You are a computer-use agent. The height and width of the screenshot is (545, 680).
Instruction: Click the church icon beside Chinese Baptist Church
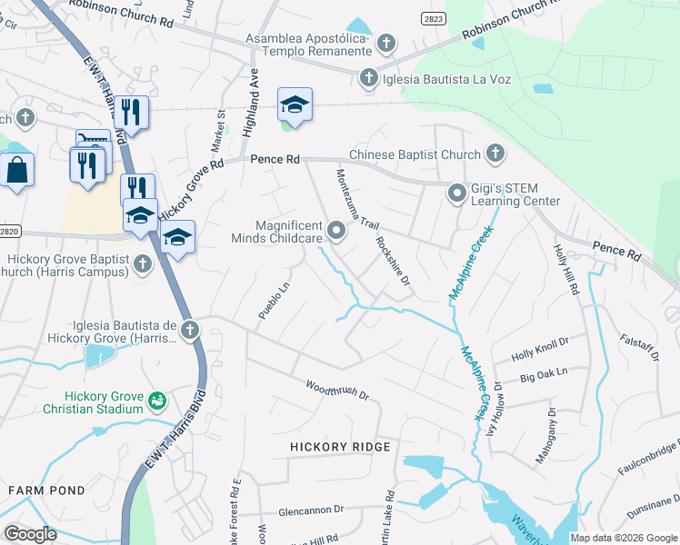click(495, 154)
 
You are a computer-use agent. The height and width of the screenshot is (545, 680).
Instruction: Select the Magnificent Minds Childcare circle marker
click(336, 231)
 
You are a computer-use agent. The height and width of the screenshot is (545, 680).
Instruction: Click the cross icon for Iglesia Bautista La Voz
click(368, 78)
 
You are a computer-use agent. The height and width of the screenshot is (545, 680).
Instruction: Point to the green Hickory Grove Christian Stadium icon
click(156, 400)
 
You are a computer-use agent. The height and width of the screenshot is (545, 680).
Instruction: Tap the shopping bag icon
click(17, 170)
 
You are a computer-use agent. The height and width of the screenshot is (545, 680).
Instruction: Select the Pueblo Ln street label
click(274, 301)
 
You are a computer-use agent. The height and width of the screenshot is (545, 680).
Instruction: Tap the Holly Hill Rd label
click(565, 268)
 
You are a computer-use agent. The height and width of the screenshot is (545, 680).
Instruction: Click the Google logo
click(30, 533)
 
